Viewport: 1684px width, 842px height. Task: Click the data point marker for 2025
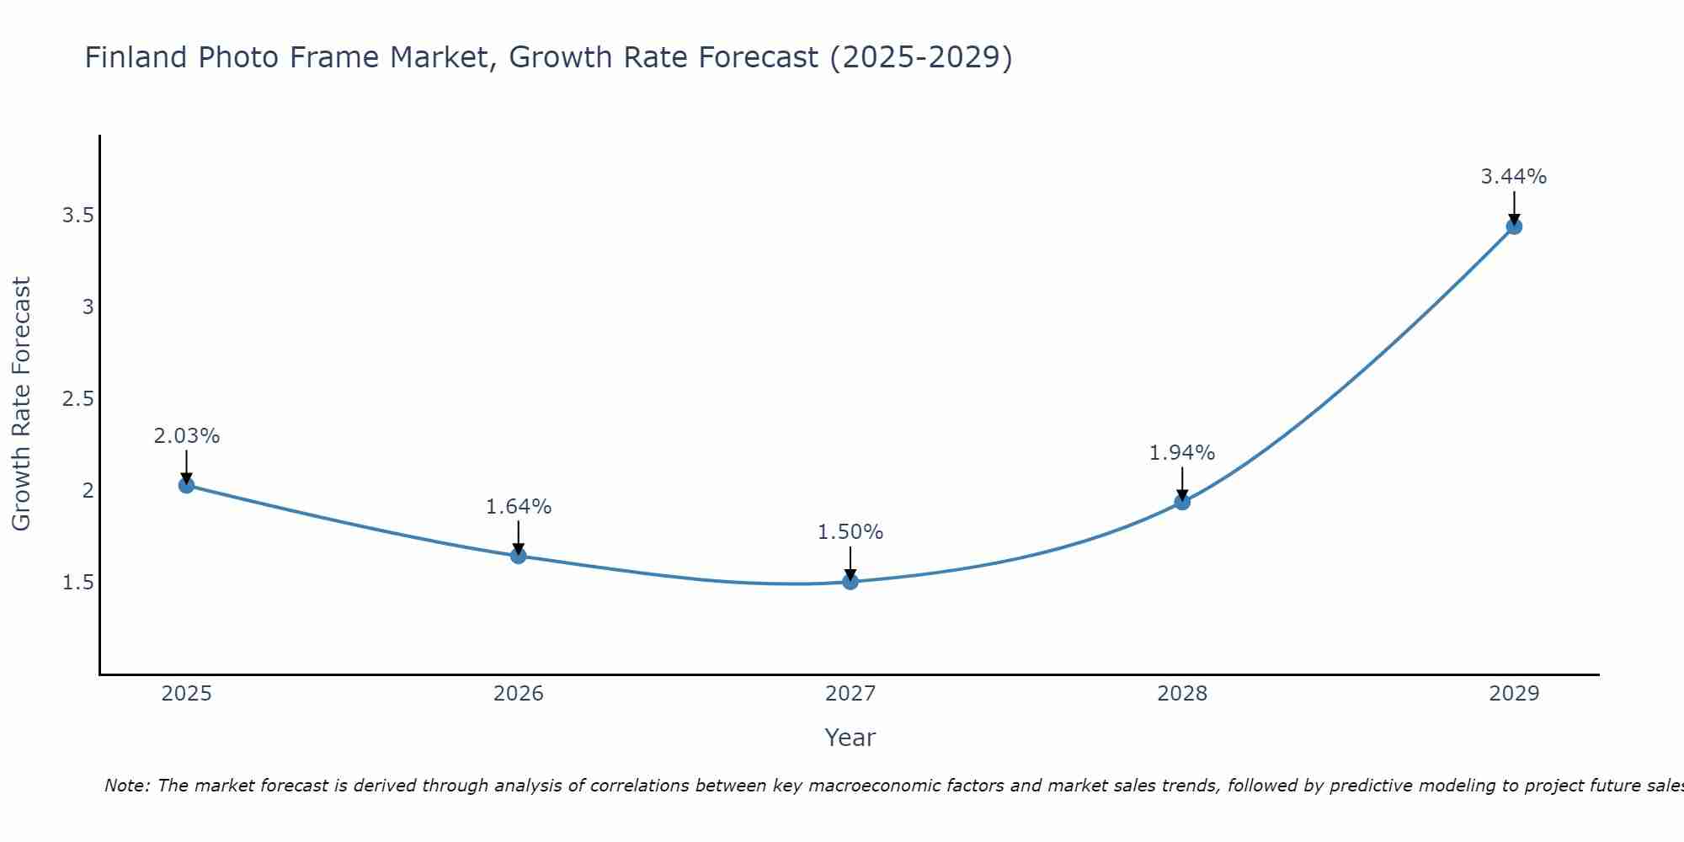(187, 485)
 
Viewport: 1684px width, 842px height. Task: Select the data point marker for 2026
(519, 556)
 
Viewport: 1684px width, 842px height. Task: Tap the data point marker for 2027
(850, 581)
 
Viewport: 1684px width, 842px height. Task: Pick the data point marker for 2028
(1182, 502)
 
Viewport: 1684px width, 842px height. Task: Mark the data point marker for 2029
(1514, 226)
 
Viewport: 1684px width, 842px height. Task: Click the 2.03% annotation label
(187, 436)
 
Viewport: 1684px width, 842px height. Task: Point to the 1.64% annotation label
(519, 507)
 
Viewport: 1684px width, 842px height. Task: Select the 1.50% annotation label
(850, 532)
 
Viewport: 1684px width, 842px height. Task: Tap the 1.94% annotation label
(1182, 453)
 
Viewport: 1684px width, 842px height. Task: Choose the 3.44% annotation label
(1514, 177)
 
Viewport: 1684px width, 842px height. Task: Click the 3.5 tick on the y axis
(77, 216)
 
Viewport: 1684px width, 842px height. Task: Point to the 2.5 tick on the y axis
(77, 399)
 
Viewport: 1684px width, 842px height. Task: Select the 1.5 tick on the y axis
(77, 583)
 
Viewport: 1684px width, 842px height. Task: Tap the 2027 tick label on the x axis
(850, 694)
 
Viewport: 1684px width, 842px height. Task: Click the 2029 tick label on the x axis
(1514, 694)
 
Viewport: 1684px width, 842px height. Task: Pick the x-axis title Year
(850, 738)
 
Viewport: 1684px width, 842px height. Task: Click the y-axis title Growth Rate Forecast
(22, 404)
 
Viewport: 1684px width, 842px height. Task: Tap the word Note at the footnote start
(126, 786)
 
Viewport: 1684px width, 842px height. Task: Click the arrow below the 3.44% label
(1514, 207)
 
